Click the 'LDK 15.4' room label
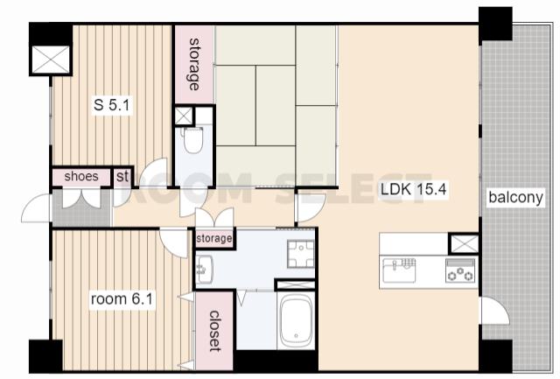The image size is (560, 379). coord(413,189)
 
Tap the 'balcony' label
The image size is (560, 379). coord(515,197)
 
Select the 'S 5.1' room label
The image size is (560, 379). coord(111,105)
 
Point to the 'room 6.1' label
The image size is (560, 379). coord(122,298)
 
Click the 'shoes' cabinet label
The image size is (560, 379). coord(81,176)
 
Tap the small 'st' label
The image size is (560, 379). coord(122,177)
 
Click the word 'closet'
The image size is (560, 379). coord(214,331)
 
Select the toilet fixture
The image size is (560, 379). coord(192,140)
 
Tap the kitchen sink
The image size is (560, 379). coord(399,270)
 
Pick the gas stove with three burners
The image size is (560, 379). coord(461,270)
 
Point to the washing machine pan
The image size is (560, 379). coord(300,254)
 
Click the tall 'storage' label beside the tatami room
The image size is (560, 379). coord(193,64)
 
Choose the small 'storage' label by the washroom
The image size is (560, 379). coord(213,238)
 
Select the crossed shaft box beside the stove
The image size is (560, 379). coord(464,243)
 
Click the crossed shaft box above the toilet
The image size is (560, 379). coord(183,116)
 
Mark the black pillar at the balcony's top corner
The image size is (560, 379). coord(495,25)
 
